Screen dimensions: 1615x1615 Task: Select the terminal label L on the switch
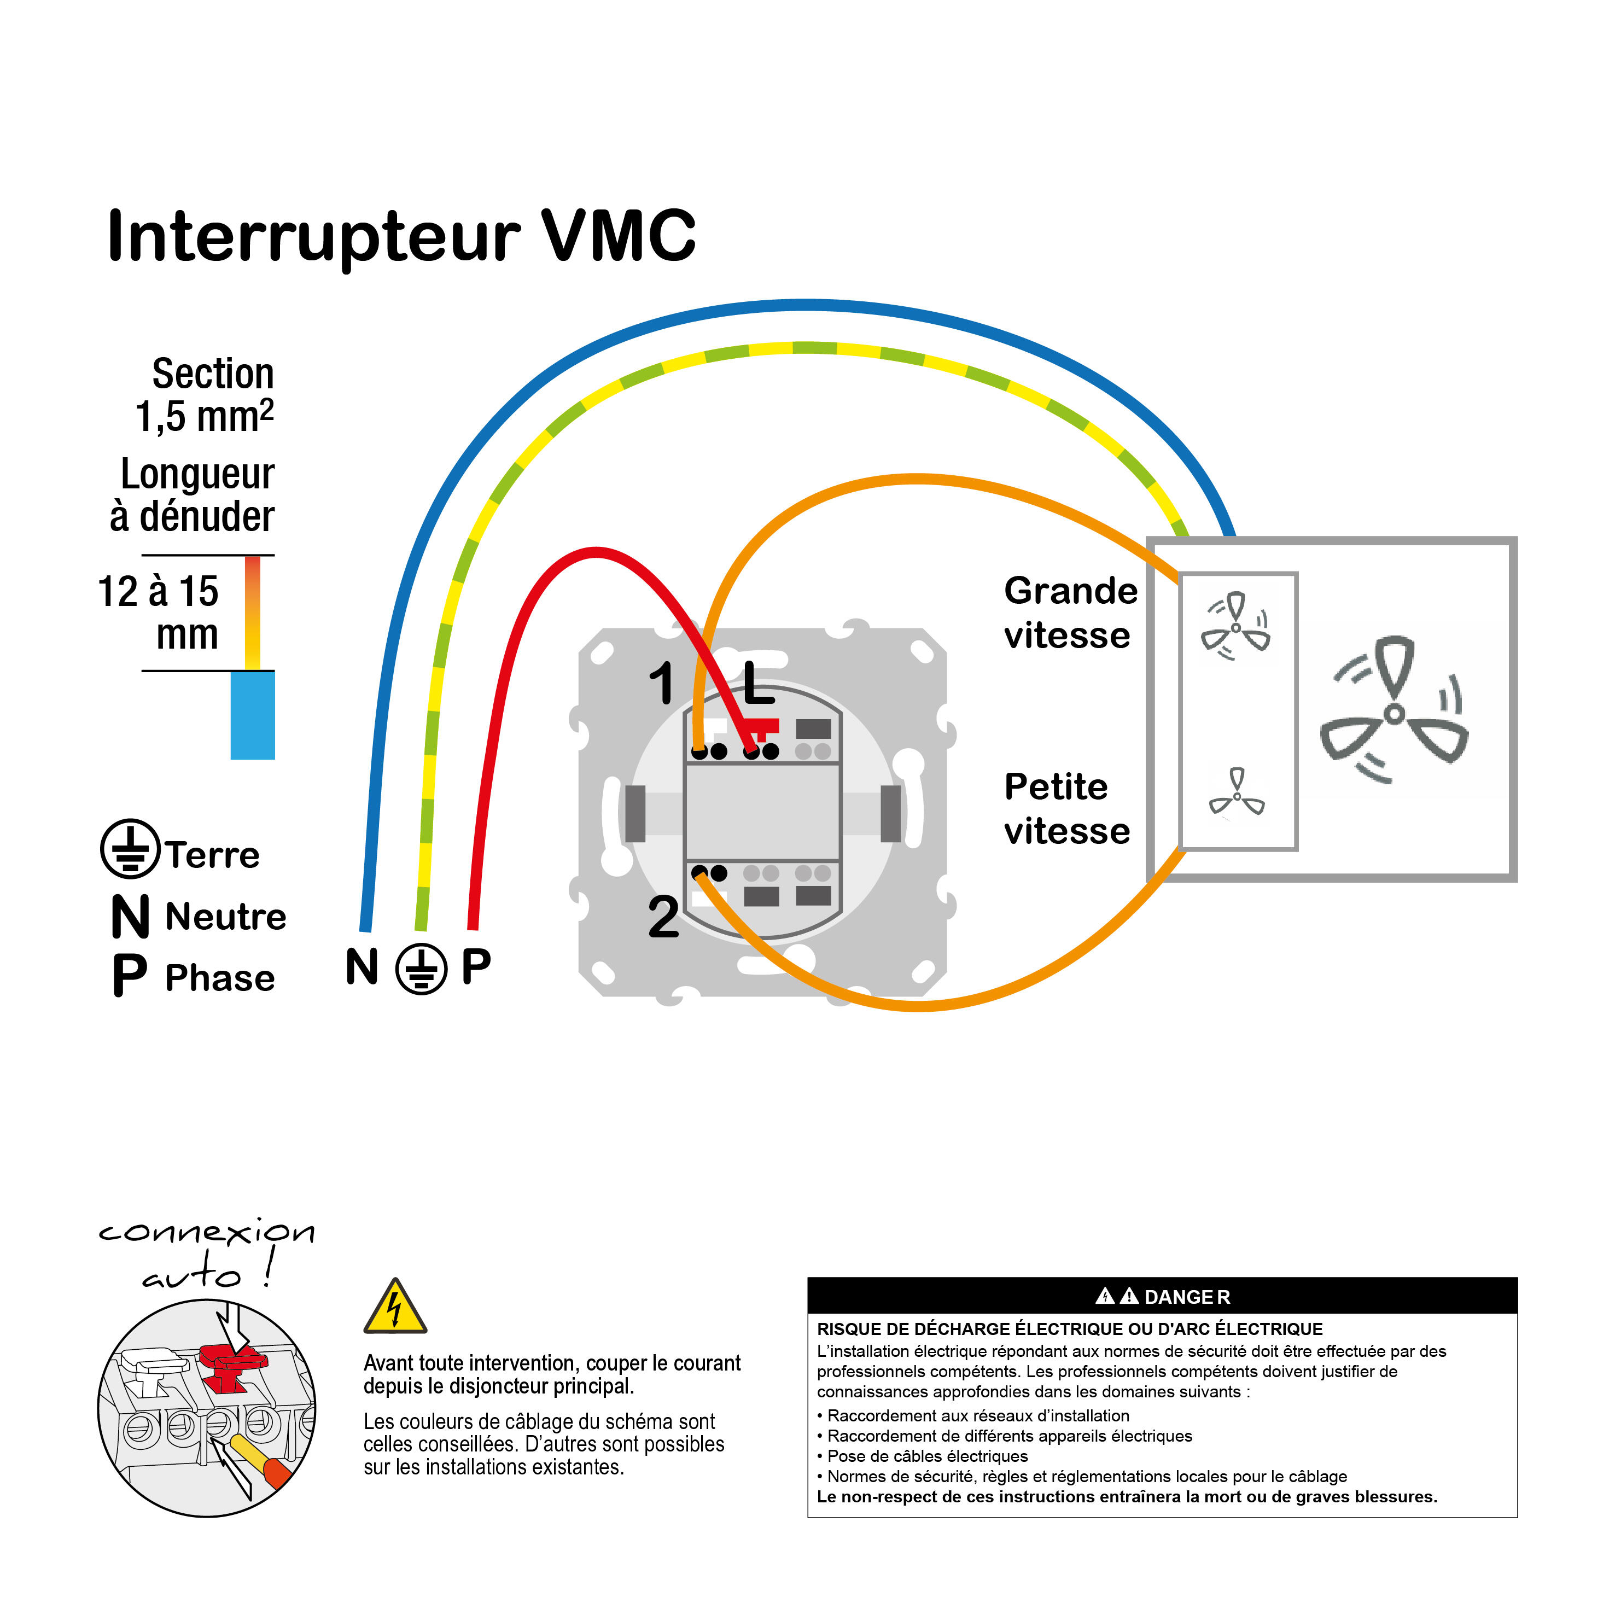pos(757,683)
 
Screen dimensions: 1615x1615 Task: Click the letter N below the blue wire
pos(362,967)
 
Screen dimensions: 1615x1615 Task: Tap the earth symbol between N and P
pos(421,969)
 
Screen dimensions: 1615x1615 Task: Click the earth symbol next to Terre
pos(130,848)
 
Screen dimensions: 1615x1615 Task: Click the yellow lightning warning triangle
pos(394,1307)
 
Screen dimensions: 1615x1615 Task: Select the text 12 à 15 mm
pos(159,613)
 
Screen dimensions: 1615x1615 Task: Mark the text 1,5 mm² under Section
pos(204,416)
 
